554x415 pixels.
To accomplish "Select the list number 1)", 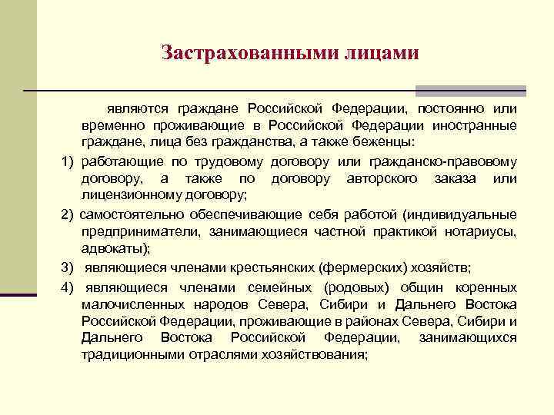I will (x=67, y=161).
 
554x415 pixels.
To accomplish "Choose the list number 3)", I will (x=67, y=267).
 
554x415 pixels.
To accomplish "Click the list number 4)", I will (x=67, y=287).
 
